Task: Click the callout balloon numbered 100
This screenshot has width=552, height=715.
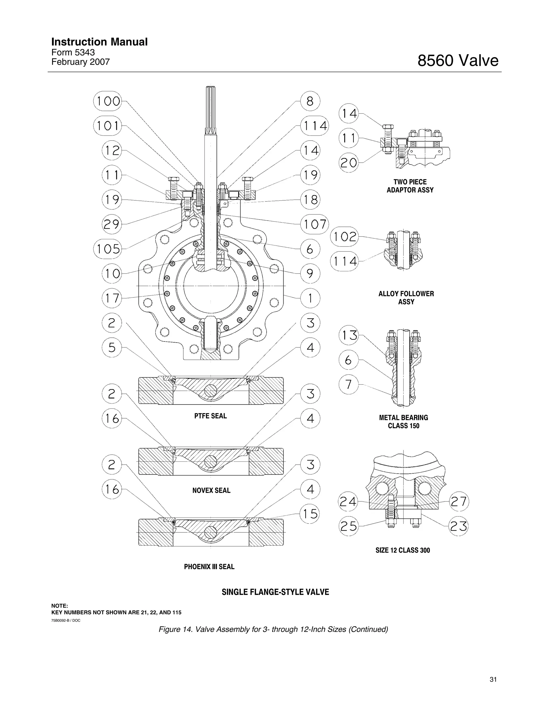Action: pyautogui.click(x=108, y=101)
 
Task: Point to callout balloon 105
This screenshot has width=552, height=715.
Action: pyautogui.click(x=108, y=249)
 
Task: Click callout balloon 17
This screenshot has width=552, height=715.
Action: pyautogui.click(x=112, y=298)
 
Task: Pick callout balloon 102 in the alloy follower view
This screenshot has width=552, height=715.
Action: pyautogui.click(x=344, y=236)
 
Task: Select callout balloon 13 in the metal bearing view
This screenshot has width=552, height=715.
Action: pyautogui.click(x=349, y=336)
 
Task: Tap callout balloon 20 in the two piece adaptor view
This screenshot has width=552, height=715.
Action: pyautogui.click(x=349, y=162)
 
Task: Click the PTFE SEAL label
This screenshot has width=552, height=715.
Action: pyautogui.click(x=211, y=416)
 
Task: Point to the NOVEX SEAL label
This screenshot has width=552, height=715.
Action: pyautogui.click(x=211, y=490)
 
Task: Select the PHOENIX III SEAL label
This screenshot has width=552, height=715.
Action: pyautogui.click(x=209, y=567)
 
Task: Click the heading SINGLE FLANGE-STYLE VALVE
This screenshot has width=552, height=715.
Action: pyautogui.click(x=275, y=592)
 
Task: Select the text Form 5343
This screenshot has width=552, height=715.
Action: pyautogui.click(x=73, y=52)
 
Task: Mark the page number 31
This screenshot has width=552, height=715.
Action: pyautogui.click(x=493, y=680)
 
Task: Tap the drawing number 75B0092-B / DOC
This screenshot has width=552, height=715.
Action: pyautogui.click(x=66, y=620)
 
